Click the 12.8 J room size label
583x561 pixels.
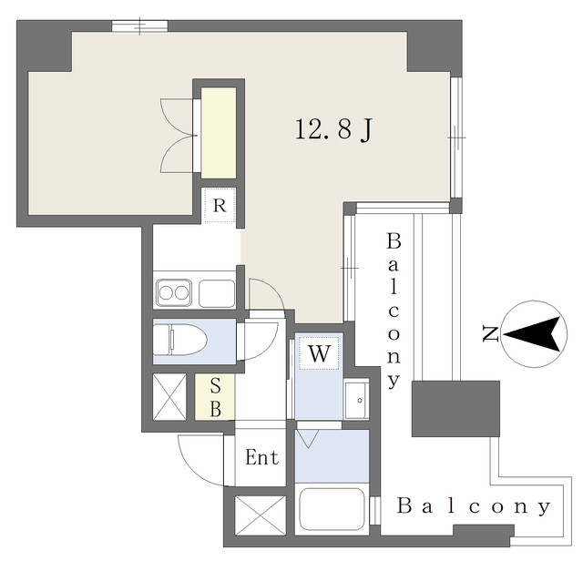click(333, 129)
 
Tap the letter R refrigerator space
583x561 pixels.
click(220, 205)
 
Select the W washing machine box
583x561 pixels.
click(319, 353)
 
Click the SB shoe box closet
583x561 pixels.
click(215, 397)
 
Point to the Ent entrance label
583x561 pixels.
click(261, 457)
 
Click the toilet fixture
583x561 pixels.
click(180, 340)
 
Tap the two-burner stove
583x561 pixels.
click(174, 293)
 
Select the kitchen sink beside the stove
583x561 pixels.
click(217, 293)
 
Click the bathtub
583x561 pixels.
click(332, 508)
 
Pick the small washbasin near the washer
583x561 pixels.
click(356, 400)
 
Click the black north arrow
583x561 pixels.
click(532, 333)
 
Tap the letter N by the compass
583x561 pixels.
click(490, 333)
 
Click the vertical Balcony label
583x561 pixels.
click(394, 310)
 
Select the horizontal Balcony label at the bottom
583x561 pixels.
click(474, 506)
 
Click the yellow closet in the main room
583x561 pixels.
click(219, 133)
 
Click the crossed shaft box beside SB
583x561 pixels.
click(169, 397)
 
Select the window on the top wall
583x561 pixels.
click(139, 26)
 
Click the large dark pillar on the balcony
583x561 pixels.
click(455, 408)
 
